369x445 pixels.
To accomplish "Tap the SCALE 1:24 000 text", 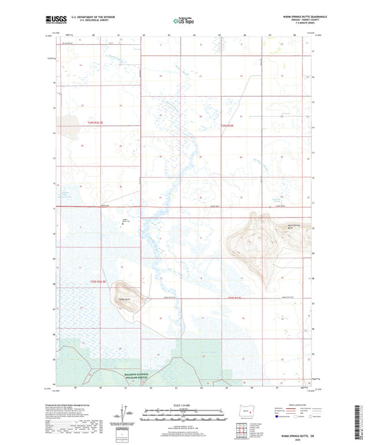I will pyautogui.click(x=183, y=405).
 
